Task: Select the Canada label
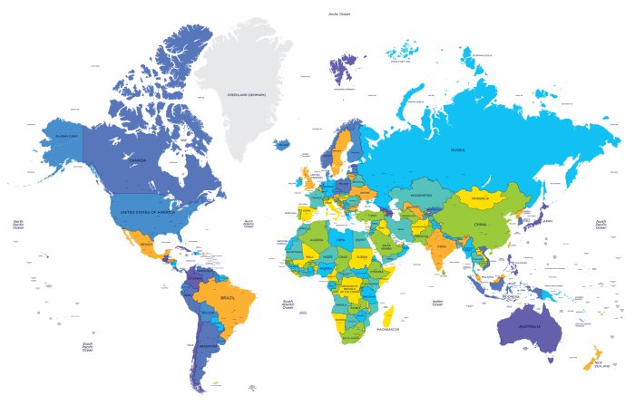(138, 160)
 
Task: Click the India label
(441, 246)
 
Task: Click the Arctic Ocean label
(339, 14)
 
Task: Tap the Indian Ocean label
(437, 303)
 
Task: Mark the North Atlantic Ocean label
(248, 224)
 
